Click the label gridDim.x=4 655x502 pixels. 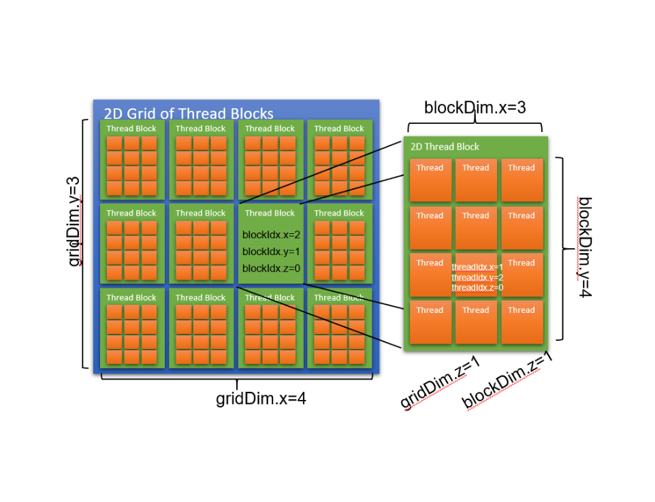tap(261, 399)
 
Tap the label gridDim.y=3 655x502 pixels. tap(74, 221)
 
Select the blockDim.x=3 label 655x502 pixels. tap(475, 107)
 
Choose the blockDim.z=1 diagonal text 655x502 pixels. tap(507, 380)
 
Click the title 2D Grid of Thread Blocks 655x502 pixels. tap(189, 114)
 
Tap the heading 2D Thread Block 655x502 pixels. tap(445, 147)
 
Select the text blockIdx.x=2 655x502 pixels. tap(271, 235)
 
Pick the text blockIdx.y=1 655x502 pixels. tap(271, 252)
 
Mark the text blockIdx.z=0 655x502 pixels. tap(271, 268)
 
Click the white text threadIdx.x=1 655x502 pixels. tap(477, 267)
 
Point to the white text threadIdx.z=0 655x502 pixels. tap(477, 288)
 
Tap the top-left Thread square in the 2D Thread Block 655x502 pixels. tap(430, 180)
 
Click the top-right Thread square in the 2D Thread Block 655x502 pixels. tap(522, 180)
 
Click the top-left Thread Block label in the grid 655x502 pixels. tap(131, 129)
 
